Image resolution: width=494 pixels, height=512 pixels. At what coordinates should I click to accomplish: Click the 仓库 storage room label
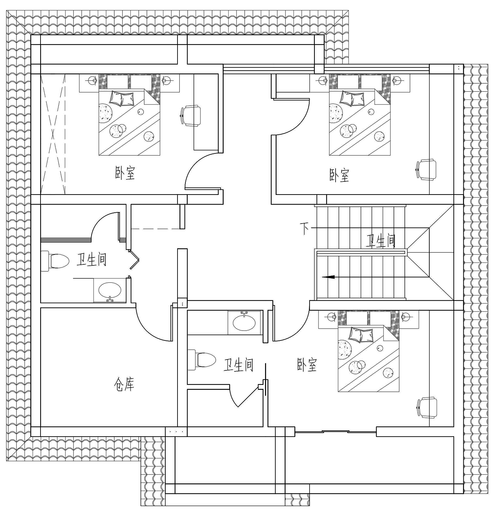click(124, 384)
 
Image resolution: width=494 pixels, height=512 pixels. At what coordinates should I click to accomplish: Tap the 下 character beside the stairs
click(305, 228)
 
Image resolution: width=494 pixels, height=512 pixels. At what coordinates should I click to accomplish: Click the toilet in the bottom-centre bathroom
click(202, 360)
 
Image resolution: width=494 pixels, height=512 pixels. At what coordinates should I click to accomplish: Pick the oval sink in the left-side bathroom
click(110, 290)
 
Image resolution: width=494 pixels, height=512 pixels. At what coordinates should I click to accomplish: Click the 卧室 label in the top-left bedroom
click(125, 173)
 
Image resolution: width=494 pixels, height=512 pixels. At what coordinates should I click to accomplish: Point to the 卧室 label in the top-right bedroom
click(339, 175)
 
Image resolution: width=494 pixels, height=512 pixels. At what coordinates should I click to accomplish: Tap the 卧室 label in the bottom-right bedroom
click(307, 365)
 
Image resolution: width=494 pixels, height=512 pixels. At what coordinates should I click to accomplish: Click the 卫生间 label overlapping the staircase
click(381, 241)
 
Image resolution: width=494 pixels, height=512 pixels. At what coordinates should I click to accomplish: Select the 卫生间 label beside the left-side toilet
click(92, 259)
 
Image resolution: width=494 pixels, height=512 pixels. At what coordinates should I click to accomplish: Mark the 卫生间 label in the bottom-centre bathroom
click(238, 365)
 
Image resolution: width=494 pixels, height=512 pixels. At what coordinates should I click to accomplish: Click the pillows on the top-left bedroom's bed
click(122, 98)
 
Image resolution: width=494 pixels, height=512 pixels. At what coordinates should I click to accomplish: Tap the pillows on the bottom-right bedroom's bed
click(361, 335)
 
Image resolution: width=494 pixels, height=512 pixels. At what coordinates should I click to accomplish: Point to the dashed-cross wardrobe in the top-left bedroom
click(53, 134)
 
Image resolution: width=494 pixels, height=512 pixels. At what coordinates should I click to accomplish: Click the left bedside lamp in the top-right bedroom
click(323, 79)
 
